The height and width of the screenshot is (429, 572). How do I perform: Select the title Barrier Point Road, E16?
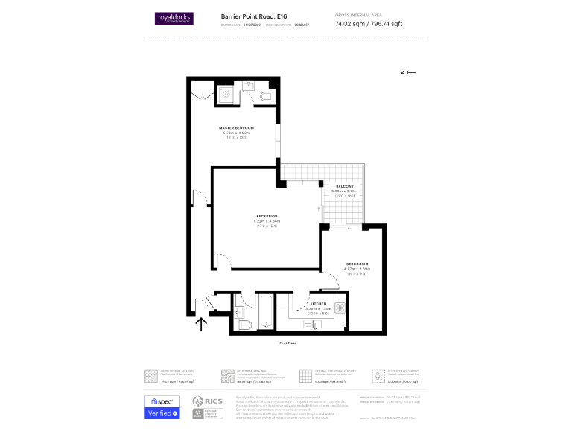[x=253, y=16]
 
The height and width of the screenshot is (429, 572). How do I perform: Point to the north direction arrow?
[x=407, y=72]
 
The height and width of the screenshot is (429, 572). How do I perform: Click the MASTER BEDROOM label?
[x=236, y=128]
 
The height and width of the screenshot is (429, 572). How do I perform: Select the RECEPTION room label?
[x=267, y=216]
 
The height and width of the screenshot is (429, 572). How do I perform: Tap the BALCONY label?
[x=344, y=186]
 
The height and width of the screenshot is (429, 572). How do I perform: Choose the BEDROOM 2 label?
[x=357, y=264]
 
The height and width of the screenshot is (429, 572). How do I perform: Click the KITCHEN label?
[x=318, y=304]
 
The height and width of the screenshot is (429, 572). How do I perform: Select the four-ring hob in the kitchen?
[x=340, y=306]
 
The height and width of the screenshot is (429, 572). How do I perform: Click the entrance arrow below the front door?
[x=201, y=323]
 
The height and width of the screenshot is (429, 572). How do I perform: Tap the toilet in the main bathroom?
[x=247, y=323]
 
